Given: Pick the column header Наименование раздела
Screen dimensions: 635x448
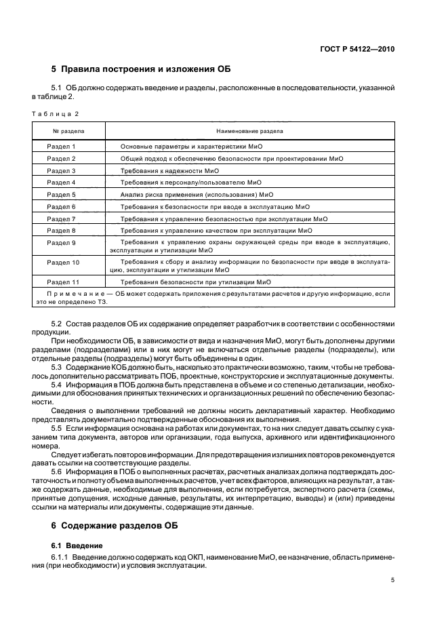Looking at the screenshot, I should [x=249, y=130].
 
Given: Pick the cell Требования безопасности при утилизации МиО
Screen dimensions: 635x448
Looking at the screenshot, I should [x=195, y=282].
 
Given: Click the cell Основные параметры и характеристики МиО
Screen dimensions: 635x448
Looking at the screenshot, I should [x=192, y=147].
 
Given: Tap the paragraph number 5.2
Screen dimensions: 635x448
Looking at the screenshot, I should [x=57, y=324].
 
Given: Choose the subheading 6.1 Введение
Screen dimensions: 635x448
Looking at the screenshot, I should [x=77, y=545].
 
